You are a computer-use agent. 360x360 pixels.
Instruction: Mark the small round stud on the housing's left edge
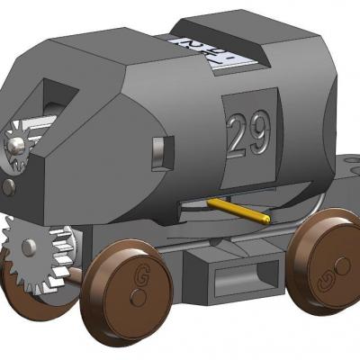tap(8, 186)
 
